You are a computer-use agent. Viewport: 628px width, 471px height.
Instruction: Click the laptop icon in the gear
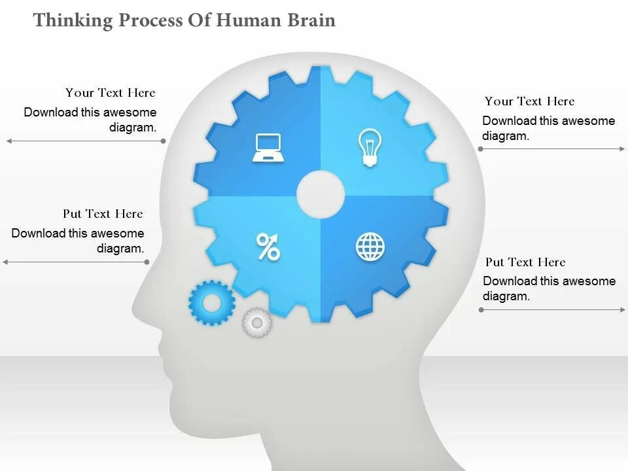[x=268, y=148]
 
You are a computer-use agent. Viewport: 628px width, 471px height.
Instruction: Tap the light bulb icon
[x=370, y=147]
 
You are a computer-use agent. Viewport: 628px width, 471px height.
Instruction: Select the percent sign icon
[x=268, y=247]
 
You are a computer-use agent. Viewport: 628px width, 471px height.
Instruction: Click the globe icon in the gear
[x=370, y=247]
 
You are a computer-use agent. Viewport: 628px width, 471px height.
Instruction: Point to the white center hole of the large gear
[x=321, y=194]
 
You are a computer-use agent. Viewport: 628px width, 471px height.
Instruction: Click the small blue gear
[x=212, y=303]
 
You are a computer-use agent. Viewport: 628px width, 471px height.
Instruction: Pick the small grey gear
[x=256, y=322]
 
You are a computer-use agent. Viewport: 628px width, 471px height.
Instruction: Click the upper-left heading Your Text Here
[x=110, y=93]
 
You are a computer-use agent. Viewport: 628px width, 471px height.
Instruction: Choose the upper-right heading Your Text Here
[x=529, y=101]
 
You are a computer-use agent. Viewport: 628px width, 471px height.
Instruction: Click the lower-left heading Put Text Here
[x=103, y=214]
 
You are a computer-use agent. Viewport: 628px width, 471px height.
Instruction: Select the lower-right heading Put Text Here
[x=525, y=262]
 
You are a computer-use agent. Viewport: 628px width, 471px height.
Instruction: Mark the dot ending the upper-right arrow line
[x=480, y=149]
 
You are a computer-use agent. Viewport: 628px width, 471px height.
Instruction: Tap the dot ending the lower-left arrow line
[x=148, y=262]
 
